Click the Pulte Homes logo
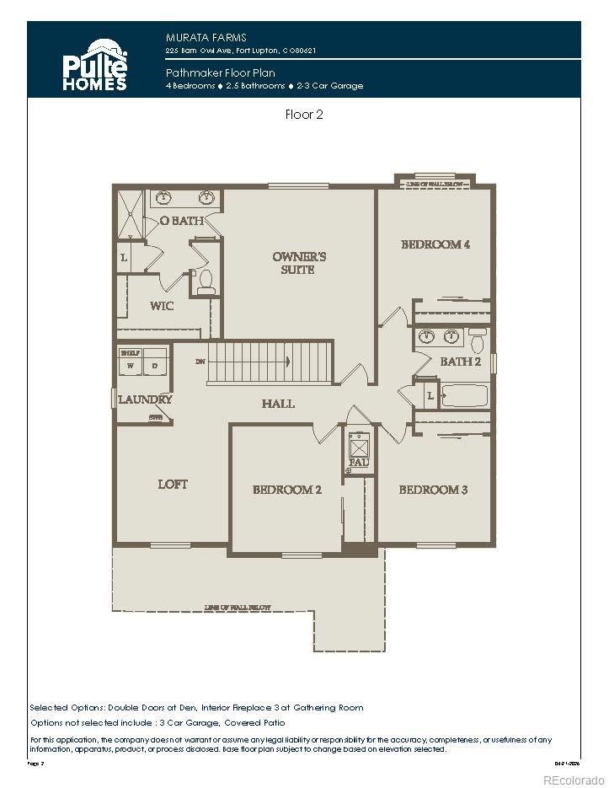point(95,64)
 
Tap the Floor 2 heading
point(304,115)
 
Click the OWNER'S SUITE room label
point(299,263)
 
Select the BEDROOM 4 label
point(435,244)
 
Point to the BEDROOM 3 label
point(433,490)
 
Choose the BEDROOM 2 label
point(287,490)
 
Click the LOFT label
point(173,485)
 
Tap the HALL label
point(278,404)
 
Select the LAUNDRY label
point(145,399)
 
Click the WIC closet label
point(162,306)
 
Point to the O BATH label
point(182,221)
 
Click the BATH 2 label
point(460,362)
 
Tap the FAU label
point(359,463)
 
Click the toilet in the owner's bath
point(206,282)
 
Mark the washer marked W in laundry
point(131,366)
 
